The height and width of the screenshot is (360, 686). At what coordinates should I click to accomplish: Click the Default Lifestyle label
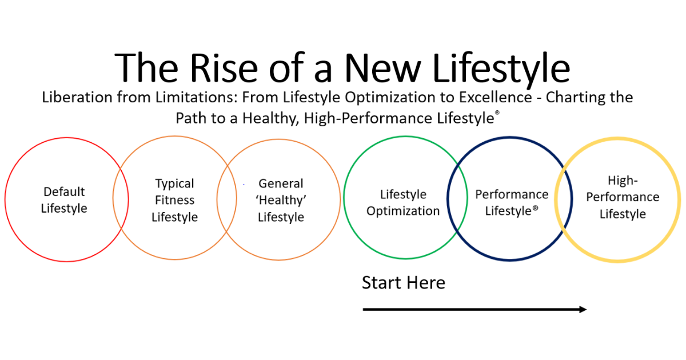pos(64,200)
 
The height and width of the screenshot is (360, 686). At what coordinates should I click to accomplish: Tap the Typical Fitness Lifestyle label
pos(174,201)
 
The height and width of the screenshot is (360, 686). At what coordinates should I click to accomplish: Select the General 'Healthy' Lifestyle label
pos(281,201)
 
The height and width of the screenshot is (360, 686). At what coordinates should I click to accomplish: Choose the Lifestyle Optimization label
pos(403,203)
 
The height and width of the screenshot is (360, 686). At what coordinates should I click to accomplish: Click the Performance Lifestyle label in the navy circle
pos(512,203)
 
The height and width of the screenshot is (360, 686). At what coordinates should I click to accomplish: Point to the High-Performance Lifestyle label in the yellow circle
pos(623,198)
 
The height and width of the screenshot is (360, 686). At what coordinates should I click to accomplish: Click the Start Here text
pos(403,283)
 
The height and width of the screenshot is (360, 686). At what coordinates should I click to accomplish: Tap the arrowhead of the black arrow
pos(583,309)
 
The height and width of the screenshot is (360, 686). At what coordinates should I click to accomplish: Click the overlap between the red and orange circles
pos(119,198)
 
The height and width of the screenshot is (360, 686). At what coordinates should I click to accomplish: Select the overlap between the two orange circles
pos(227,198)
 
